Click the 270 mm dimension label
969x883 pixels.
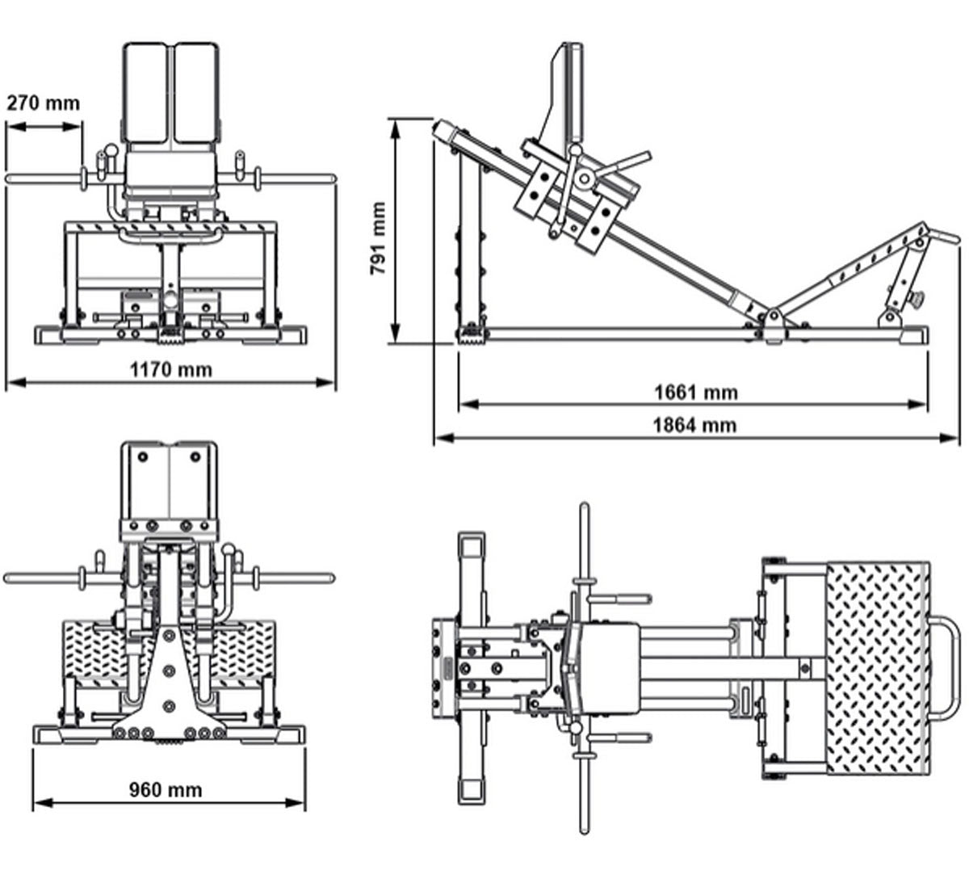click(44, 103)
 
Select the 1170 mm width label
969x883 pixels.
click(171, 370)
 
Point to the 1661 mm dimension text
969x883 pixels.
click(695, 393)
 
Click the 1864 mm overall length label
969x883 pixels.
click(695, 424)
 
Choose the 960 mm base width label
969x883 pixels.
click(166, 789)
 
